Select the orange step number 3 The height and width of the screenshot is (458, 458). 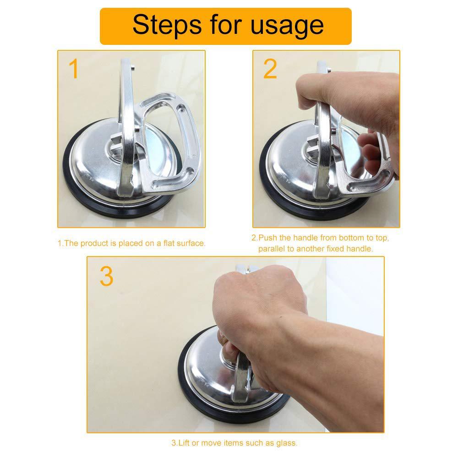tap(106, 276)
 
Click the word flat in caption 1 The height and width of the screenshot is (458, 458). tap(170, 243)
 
